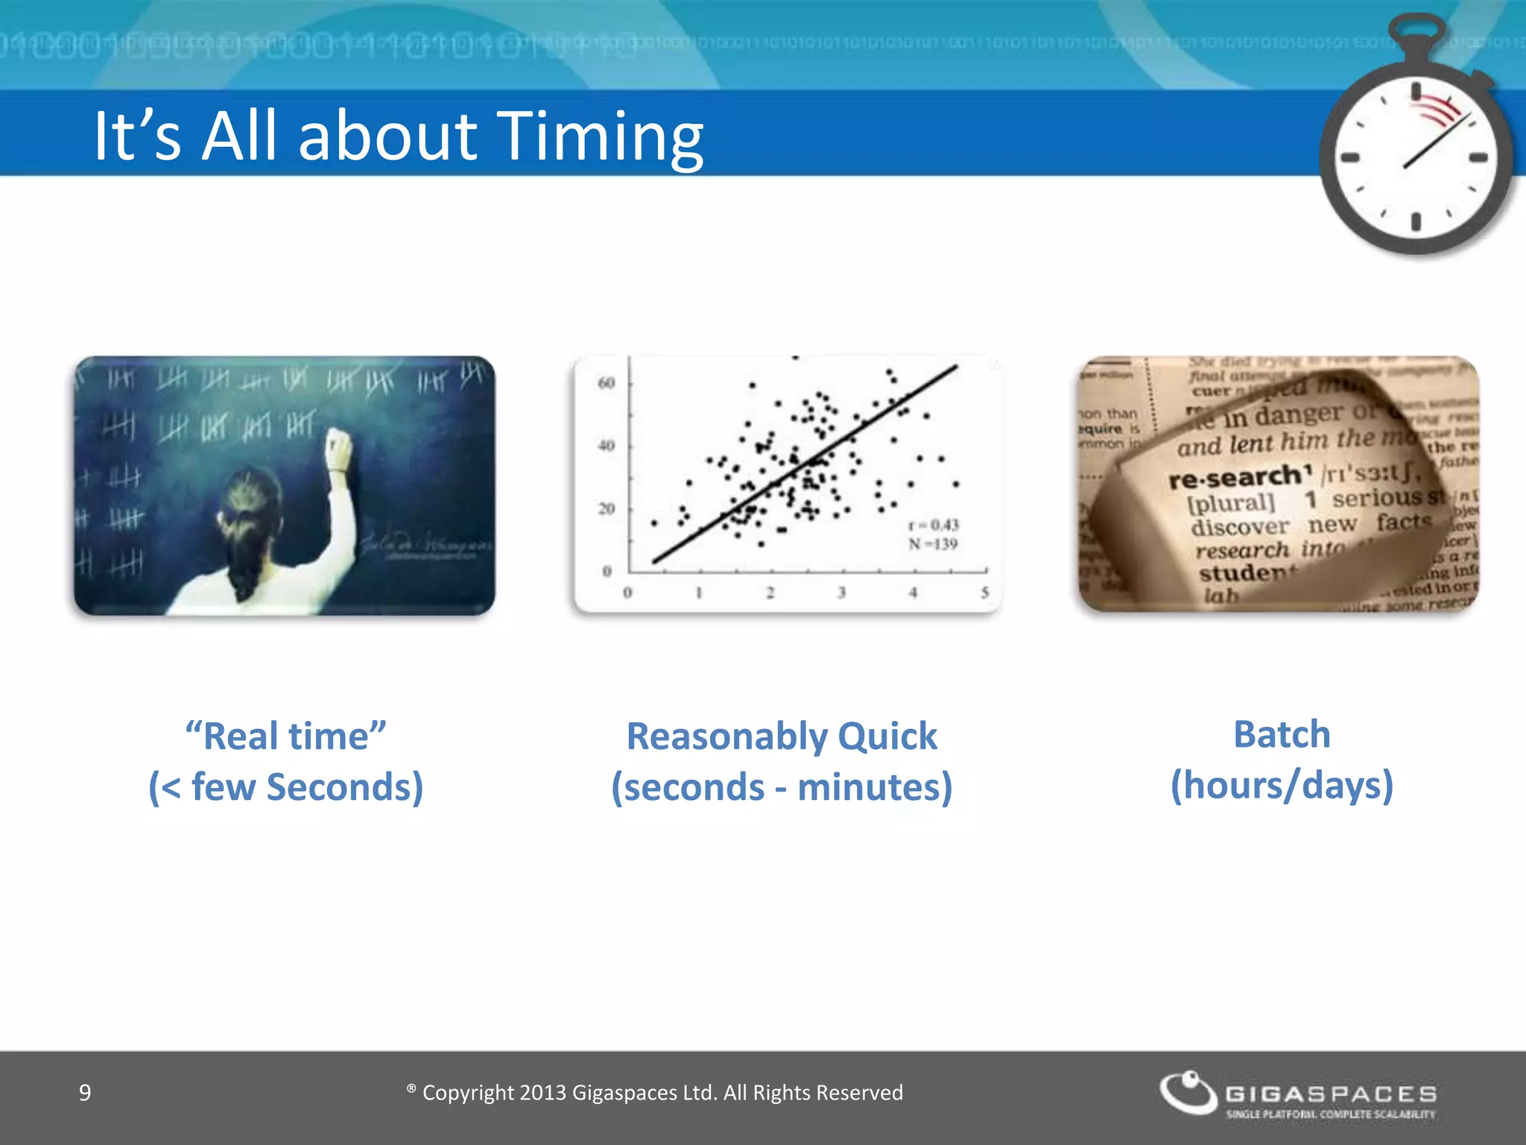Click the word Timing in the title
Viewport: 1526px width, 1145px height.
(600, 136)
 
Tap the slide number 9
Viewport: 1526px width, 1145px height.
(85, 1093)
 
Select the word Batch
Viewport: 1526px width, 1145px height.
(1282, 734)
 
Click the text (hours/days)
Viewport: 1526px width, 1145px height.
(1282, 786)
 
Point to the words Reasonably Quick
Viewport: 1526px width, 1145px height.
(782, 736)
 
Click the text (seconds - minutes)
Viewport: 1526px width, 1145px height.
(782, 787)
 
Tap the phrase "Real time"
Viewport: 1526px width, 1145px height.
(286, 736)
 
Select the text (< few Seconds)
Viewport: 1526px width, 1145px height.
(286, 787)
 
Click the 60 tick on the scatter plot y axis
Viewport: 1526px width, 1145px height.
(607, 383)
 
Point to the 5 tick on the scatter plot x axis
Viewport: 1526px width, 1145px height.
(984, 593)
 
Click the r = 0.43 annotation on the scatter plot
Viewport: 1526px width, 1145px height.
(933, 525)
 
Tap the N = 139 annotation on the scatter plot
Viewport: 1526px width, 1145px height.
(933, 544)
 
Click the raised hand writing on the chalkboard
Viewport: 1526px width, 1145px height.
(339, 447)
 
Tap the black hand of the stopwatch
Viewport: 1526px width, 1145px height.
(1434, 142)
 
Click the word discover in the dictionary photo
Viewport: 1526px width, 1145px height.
(1239, 527)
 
